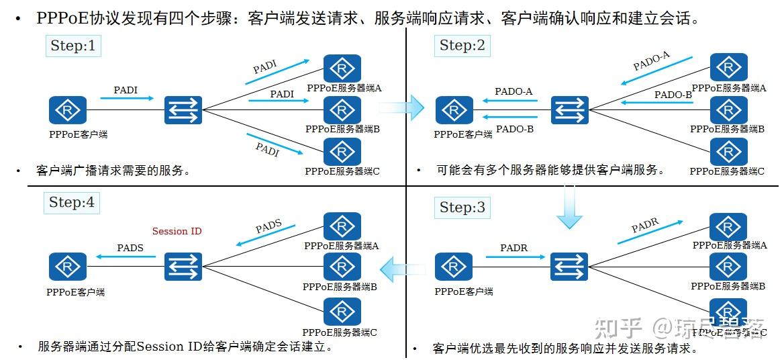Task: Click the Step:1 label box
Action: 73,46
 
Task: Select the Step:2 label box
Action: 462,46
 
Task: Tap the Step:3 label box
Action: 462,208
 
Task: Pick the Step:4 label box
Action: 72,202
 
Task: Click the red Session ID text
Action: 177,231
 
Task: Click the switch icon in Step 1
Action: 183,109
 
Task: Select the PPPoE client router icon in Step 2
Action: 454,110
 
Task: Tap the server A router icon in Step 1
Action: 342,69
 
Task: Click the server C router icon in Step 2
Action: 728,152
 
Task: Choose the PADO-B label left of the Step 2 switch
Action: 515,129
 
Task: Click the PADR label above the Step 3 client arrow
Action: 513,248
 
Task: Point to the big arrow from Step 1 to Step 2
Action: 403,107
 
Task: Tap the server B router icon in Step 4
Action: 342,267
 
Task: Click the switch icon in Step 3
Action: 569,267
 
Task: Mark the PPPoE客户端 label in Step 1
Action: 78,134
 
